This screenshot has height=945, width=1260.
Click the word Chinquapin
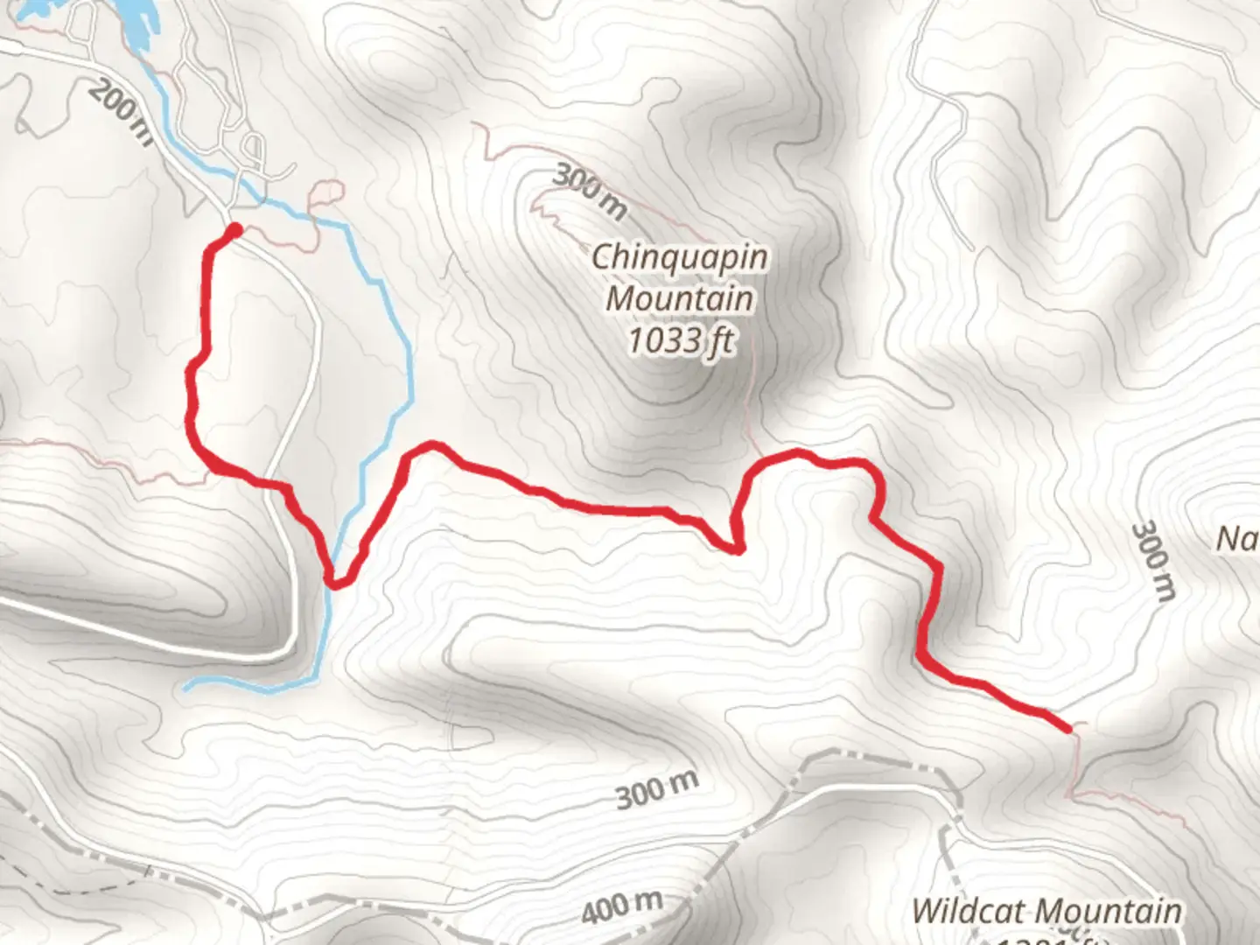(680, 257)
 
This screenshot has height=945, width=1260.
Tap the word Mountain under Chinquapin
(680, 298)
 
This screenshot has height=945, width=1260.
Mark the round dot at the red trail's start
(234, 231)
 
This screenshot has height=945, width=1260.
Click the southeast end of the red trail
(1067, 727)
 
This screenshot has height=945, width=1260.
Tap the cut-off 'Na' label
(1237, 539)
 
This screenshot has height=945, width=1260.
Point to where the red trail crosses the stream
(334, 580)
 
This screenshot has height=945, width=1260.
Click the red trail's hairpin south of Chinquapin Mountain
(737, 548)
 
